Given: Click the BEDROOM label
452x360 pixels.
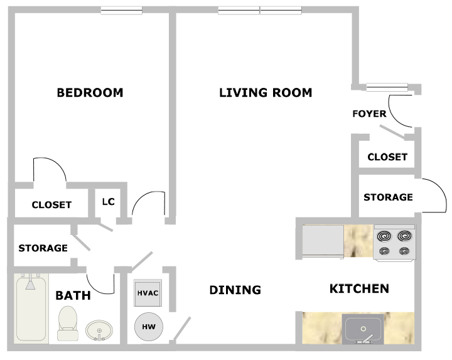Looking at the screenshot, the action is tap(90, 93).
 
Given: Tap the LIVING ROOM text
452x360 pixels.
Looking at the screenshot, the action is tap(266, 93).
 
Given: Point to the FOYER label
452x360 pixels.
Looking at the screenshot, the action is tap(369, 114).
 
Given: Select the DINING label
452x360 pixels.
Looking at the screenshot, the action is tap(235, 290).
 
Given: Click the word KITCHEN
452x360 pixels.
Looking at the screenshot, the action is tap(359, 289).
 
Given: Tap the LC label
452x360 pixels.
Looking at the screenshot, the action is tap(109, 202).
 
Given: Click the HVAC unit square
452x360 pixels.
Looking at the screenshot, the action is tap(148, 293).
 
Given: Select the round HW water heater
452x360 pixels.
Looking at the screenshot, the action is tap(149, 327).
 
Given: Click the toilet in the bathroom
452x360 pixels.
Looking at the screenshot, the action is tap(68, 323).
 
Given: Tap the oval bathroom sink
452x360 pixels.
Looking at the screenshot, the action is tap(99, 330).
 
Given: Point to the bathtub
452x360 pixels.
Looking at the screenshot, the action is tap(31, 308).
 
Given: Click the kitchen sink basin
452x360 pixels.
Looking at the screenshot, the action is tap(363, 329).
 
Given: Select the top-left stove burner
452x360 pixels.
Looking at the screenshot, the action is tap(385, 236).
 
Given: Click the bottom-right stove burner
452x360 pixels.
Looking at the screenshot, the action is tap(404, 251).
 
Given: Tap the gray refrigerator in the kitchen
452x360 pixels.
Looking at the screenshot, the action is tap(323, 241).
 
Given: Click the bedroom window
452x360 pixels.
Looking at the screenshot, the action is tap(121, 11).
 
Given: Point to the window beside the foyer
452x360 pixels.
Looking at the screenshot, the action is tap(387, 87).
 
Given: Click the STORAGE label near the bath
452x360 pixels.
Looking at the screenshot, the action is tap(43, 248).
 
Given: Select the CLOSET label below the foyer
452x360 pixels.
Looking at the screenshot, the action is tap(387, 157).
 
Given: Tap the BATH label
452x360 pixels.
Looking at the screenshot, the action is tap(73, 295).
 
